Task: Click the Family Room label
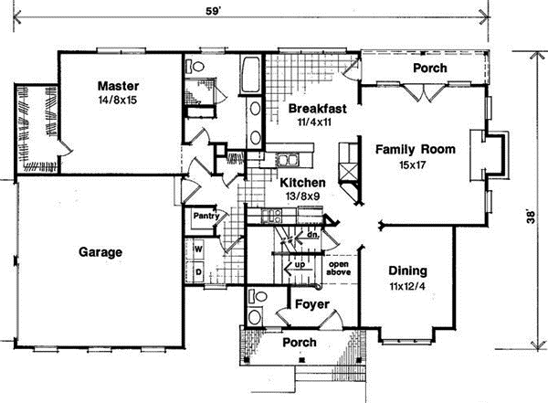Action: [x=408, y=150]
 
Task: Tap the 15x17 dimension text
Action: [x=408, y=165]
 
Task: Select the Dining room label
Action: [x=407, y=271]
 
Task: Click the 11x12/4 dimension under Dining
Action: [x=407, y=287]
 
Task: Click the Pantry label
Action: [x=202, y=217]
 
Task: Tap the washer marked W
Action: [x=196, y=249]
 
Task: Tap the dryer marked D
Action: [x=196, y=271]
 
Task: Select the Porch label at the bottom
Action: [x=299, y=343]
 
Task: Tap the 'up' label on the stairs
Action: [x=298, y=267]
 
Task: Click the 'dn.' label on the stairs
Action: [x=311, y=234]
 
